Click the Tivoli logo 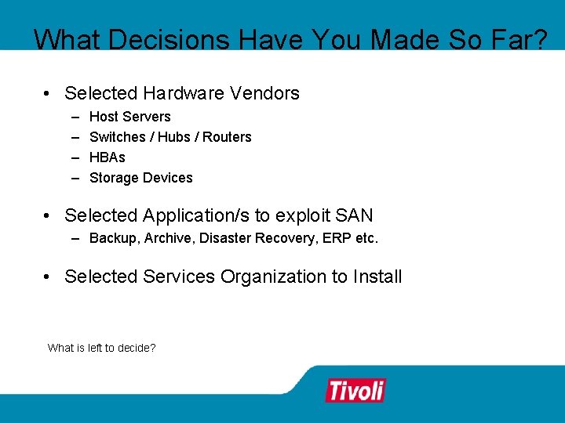click(355, 390)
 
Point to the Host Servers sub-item click(129, 117)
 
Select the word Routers click(228, 137)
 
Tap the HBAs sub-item click(108, 157)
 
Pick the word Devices click(168, 178)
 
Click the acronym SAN click(355, 215)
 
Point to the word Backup click(111, 237)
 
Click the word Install click(377, 277)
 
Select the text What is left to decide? click(101, 347)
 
